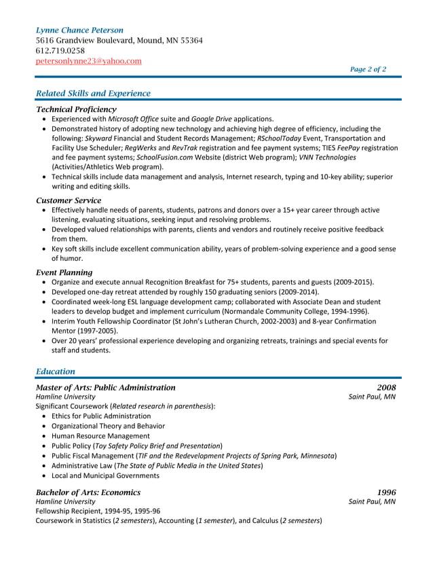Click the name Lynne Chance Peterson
[x=79, y=30]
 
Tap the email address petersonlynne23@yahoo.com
[x=88, y=61]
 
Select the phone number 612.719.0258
[x=60, y=51]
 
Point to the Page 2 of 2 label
[x=368, y=69]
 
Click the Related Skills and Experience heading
[x=92, y=93]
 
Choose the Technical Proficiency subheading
[x=76, y=109]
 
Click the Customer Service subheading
[x=68, y=200]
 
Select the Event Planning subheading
[x=64, y=272]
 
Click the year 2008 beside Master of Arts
[x=385, y=387]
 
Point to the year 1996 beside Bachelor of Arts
[x=385, y=492]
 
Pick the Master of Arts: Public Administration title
[x=105, y=387]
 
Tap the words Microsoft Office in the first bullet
[x=133, y=119]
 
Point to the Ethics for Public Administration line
[x=101, y=416]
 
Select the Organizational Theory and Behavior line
[x=108, y=426]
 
